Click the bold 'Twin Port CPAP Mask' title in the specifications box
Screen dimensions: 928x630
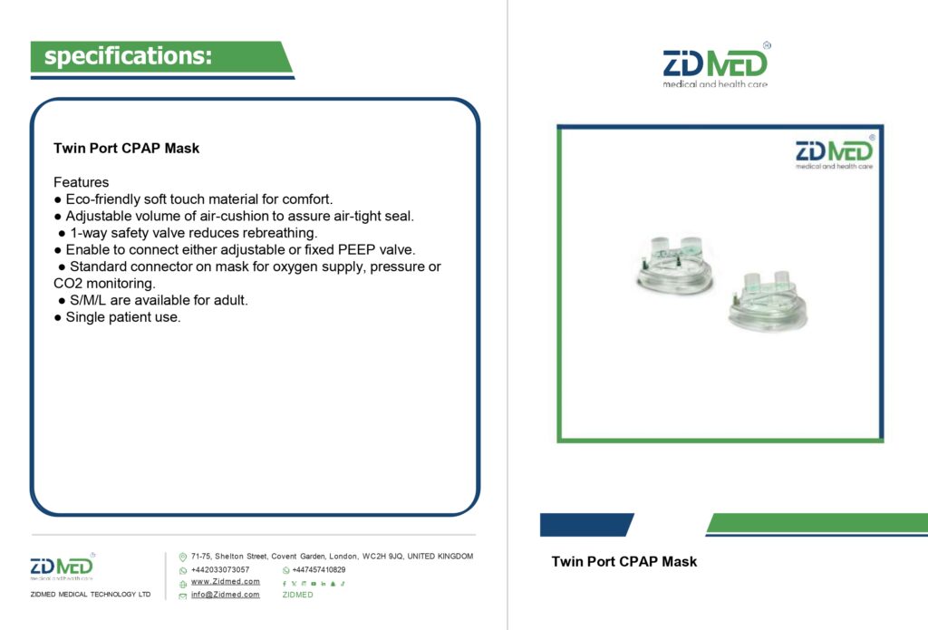[x=126, y=148]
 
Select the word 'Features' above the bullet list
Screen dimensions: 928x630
[x=81, y=182]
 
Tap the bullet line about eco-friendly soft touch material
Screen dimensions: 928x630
[x=194, y=199]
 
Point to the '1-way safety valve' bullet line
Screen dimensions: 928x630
[x=188, y=233]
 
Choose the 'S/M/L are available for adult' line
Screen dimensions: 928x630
[x=153, y=300]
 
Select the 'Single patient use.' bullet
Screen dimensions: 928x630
[x=117, y=316]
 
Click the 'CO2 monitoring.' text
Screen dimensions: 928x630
[x=104, y=283]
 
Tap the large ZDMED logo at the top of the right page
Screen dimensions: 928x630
[x=716, y=65]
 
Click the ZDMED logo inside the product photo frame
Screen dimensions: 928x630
[x=835, y=153]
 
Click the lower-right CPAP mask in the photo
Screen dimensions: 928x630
[x=768, y=300]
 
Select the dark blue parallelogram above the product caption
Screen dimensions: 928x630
[x=586, y=525]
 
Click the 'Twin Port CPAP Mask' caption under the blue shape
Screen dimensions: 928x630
[x=623, y=561]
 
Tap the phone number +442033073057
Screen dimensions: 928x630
[x=220, y=569]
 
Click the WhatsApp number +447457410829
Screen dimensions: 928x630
[x=319, y=569]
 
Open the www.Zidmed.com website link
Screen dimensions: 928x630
[x=226, y=581]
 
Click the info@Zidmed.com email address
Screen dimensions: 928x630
[x=226, y=595]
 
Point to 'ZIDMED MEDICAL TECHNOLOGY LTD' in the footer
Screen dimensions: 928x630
[x=91, y=594]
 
